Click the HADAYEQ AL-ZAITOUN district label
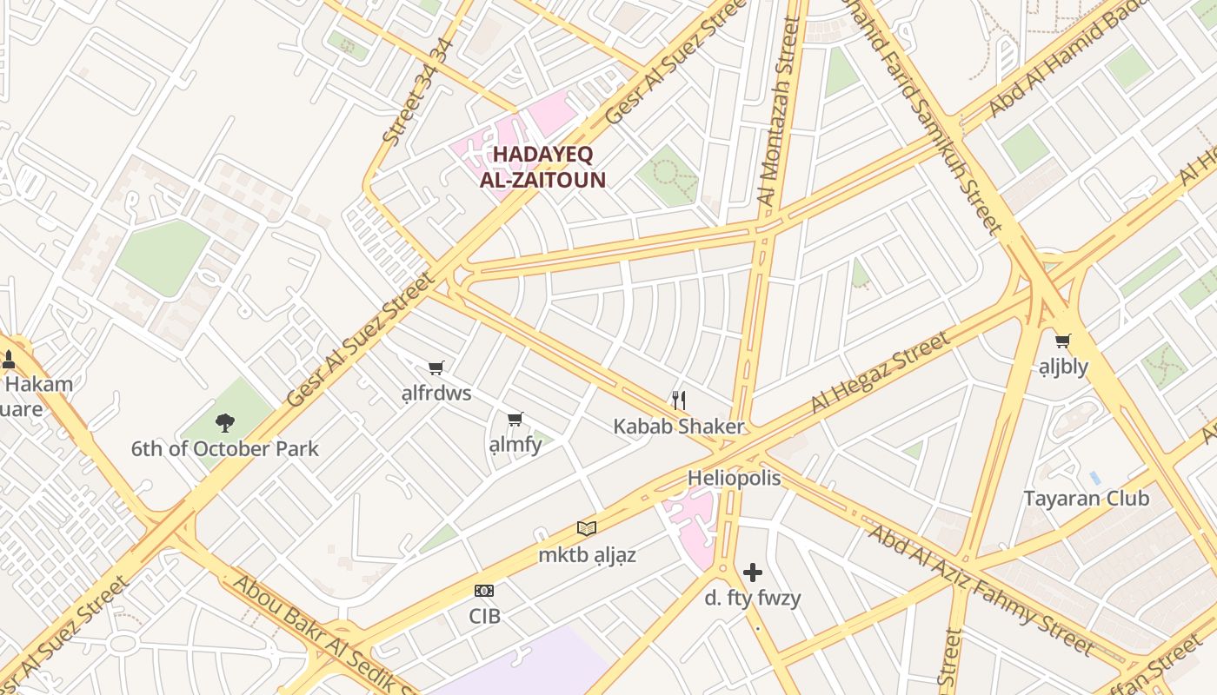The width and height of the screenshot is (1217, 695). click(542, 168)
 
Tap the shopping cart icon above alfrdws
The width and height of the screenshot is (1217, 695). click(436, 368)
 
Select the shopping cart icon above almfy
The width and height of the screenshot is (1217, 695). click(515, 420)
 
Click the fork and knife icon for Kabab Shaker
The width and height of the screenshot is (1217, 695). click(679, 400)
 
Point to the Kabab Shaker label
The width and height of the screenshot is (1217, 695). click(679, 427)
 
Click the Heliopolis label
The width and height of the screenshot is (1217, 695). click(734, 478)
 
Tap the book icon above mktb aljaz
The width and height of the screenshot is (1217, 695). click(587, 527)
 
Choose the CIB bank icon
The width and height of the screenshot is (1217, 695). click(484, 591)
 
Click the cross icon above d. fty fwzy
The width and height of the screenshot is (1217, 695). click(753, 572)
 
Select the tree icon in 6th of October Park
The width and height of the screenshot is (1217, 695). click(225, 423)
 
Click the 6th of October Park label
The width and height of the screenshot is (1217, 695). click(225, 449)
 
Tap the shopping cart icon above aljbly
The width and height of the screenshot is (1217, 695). click(1062, 341)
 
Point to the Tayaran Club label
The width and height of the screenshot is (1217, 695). click(1086, 499)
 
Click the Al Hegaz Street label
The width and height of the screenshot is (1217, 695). click(880, 372)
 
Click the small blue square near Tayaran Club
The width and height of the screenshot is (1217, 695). click(1094, 478)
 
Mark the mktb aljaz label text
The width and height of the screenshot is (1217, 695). click(587, 555)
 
